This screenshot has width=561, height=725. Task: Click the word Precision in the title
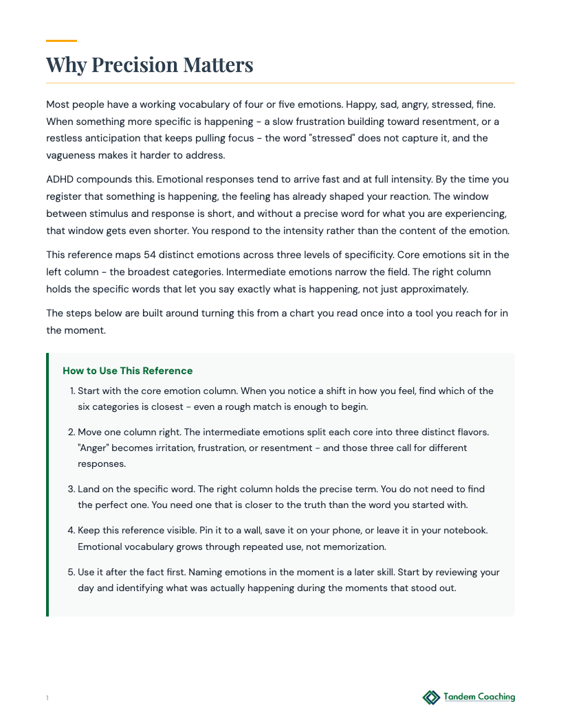[x=135, y=65]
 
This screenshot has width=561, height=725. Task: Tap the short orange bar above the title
[x=61, y=41]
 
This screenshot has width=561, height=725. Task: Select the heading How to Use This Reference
[x=127, y=371]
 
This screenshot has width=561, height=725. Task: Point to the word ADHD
[x=60, y=179]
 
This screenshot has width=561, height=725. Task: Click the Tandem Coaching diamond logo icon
[x=431, y=698]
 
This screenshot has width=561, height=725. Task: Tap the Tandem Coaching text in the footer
[x=479, y=697]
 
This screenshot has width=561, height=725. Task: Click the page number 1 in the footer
[x=47, y=698]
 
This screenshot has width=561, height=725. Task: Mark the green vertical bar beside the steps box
[x=47, y=484]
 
